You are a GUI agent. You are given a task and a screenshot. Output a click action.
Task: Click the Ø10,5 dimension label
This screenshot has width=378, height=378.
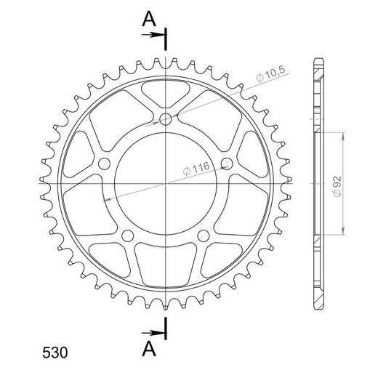click(270, 74)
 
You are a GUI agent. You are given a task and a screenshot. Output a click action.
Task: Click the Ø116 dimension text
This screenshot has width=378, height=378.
click(196, 168)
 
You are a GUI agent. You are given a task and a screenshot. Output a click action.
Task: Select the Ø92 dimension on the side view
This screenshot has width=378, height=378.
click(337, 186)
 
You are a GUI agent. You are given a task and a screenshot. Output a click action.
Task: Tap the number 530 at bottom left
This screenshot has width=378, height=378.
click(55, 353)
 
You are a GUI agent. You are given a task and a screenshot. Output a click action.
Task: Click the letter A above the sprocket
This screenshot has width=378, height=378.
click(149, 19)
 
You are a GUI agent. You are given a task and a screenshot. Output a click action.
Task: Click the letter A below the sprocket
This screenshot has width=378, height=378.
click(149, 349)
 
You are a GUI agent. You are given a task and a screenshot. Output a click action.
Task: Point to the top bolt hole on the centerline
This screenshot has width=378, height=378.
click(166, 119)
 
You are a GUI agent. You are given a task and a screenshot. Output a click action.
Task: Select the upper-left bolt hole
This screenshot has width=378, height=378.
click(104, 164)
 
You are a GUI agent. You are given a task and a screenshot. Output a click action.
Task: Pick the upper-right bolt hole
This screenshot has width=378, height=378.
click(227, 164)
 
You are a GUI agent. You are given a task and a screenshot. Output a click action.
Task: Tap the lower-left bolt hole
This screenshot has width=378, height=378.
click(127, 236)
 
